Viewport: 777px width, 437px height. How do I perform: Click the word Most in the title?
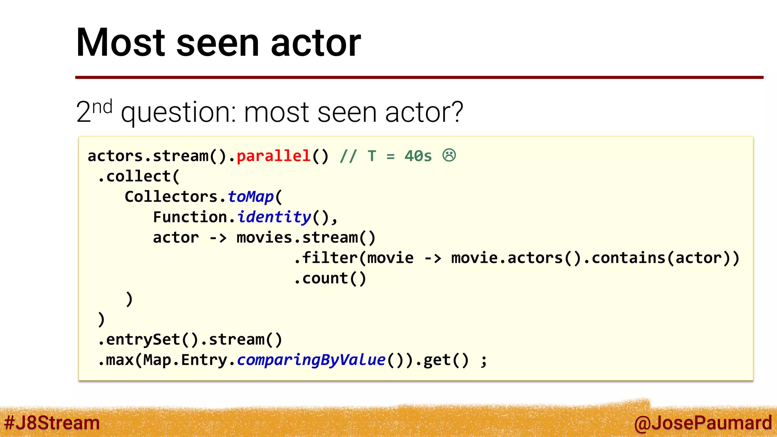[x=121, y=42]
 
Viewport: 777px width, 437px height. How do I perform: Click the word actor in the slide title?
[x=316, y=42]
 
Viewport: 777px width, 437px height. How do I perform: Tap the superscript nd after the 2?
[x=102, y=107]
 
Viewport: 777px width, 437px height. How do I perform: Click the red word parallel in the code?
[x=274, y=156]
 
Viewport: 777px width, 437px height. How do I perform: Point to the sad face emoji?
[x=449, y=155]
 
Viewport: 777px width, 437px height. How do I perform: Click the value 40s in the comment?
[x=418, y=156]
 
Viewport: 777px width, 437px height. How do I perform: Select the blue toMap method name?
[x=250, y=196]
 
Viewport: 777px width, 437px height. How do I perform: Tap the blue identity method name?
[x=274, y=217]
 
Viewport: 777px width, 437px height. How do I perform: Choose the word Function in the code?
[x=190, y=217]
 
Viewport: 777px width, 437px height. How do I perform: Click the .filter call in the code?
[x=326, y=258]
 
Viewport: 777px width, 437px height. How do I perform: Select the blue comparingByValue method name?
[x=311, y=360]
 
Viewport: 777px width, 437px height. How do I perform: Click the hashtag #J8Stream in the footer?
[x=52, y=423]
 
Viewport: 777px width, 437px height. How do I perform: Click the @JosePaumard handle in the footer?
[x=703, y=423]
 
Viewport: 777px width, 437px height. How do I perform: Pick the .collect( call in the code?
[x=139, y=176]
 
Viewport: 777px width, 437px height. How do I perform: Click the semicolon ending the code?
[x=483, y=360]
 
